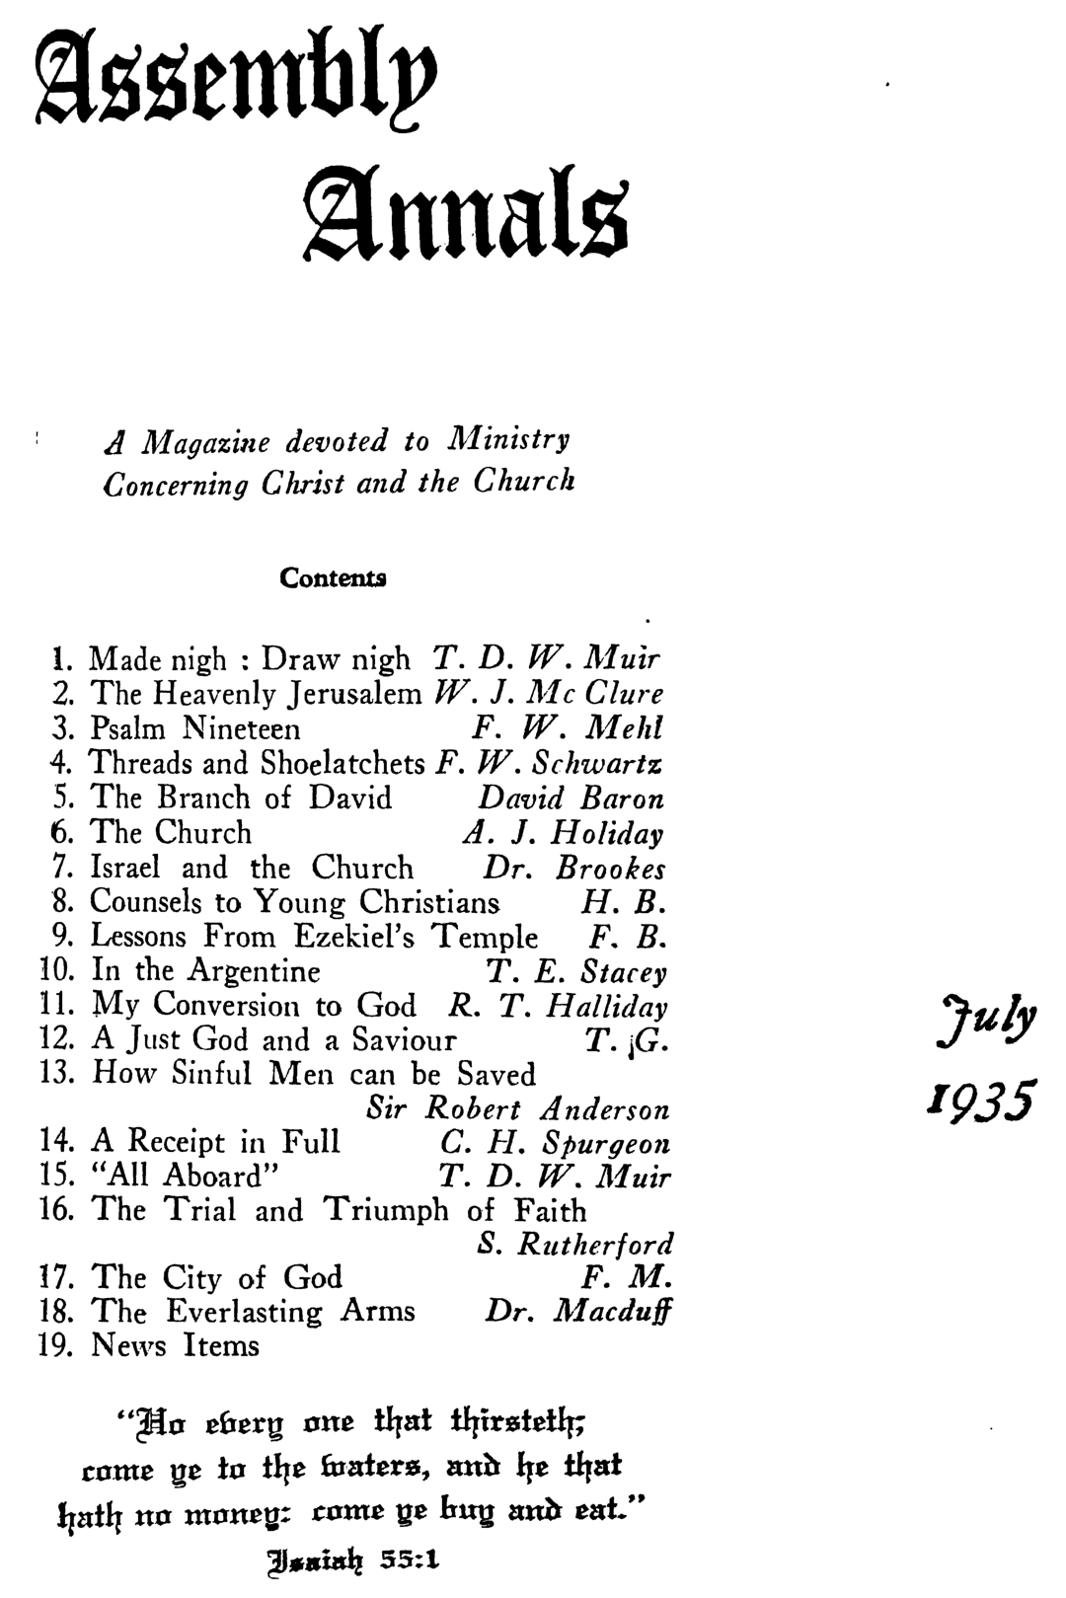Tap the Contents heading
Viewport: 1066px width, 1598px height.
point(333,577)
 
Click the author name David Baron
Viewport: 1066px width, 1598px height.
point(571,799)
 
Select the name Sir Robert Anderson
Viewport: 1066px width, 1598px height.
point(517,1109)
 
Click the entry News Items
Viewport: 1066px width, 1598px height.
point(176,1346)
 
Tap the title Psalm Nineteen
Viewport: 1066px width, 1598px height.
point(195,729)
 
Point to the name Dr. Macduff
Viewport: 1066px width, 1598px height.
point(578,1312)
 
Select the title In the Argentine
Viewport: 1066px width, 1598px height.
point(205,971)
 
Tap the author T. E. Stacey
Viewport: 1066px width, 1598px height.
point(577,973)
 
